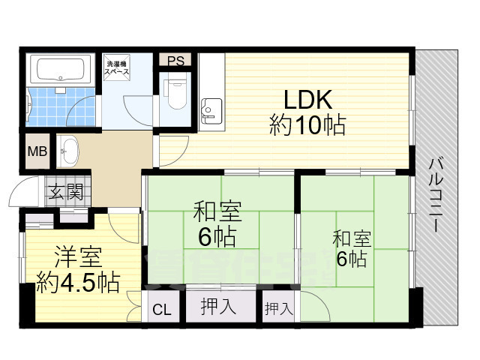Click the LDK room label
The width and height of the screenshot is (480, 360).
(307, 100)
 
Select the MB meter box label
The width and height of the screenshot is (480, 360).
(37, 152)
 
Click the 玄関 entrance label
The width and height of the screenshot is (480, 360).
(67, 192)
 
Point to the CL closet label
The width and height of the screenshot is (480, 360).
(161, 309)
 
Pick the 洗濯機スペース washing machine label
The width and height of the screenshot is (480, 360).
(117, 67)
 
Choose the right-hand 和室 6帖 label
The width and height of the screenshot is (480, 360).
(351, 250)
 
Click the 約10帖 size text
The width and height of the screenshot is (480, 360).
(307, 125)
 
